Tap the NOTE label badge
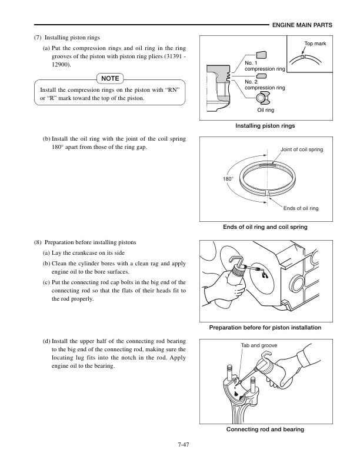tap(109, 78)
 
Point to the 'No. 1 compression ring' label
tap(264, 66)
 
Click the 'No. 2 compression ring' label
tap(264, 84)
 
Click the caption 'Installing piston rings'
tap(265, 126)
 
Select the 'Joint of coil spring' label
tap(302, 149)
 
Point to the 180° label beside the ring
tap(228, 177)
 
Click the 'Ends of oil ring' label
tap(301, 208)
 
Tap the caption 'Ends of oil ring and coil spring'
tap(265, 227)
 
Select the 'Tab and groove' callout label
tap(259, 345)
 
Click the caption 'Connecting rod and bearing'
tap(265, 430)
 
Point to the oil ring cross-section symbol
tap(263, 97)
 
